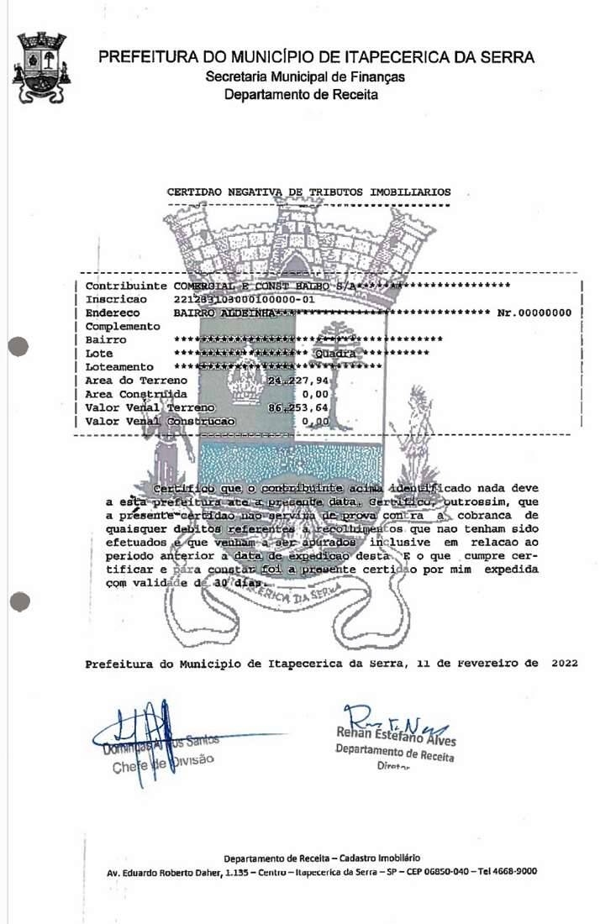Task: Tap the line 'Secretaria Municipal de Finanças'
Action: [x=306, y=76]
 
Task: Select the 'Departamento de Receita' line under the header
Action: [x=301, y=94]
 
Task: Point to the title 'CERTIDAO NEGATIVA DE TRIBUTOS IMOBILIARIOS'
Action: [x=308, y=192]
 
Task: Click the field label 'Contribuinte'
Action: [x=126, y=286]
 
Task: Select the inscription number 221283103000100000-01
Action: [x=244, y=299]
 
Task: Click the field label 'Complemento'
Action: [x=123, y=326]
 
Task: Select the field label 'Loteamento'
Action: [x=119, y=367]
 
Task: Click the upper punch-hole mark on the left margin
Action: [x=18, y=346]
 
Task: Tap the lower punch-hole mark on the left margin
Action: [x=18, y=601]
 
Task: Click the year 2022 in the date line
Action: [x=565, y=663]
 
